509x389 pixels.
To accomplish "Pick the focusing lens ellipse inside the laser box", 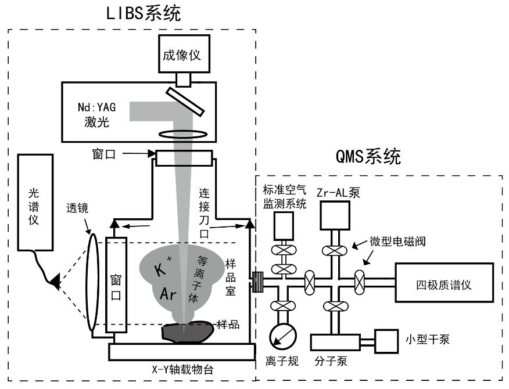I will [x=184, y=134].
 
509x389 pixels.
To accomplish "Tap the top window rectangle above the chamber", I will [x=183, y=156].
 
